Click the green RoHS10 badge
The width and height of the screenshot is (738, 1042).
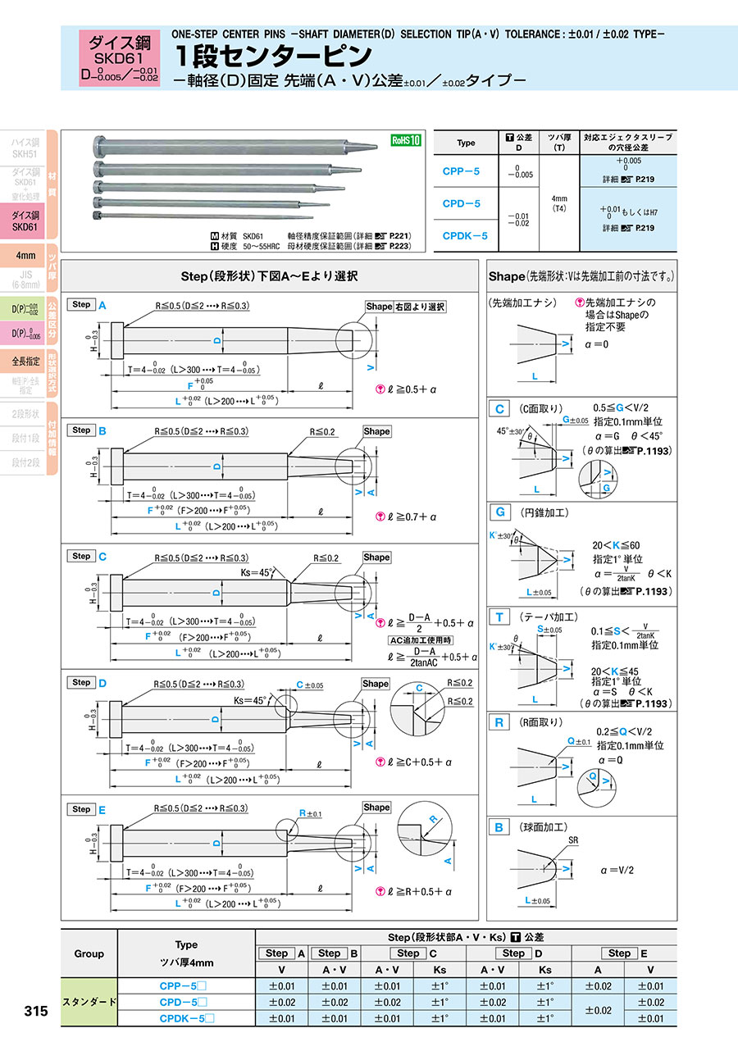[x=405, y=140]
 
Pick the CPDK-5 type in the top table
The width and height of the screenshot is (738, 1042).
[x=466, y=236]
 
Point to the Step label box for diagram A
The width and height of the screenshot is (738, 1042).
[x=81, y=304]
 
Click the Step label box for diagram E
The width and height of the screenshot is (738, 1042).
[x=81, y=809]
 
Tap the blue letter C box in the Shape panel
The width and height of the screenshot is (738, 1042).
[x=499, y=409]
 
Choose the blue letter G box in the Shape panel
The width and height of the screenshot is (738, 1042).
[x=499, y=513]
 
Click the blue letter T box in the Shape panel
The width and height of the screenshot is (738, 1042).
[x=499, y=617]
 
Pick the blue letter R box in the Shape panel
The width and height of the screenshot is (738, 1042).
[x=499, y=722]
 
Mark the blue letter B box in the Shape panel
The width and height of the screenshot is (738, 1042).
[x=499, y=827]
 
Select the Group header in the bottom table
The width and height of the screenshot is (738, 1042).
[x=89, y=953]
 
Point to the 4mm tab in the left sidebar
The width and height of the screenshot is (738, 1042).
[x=25, y=255]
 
